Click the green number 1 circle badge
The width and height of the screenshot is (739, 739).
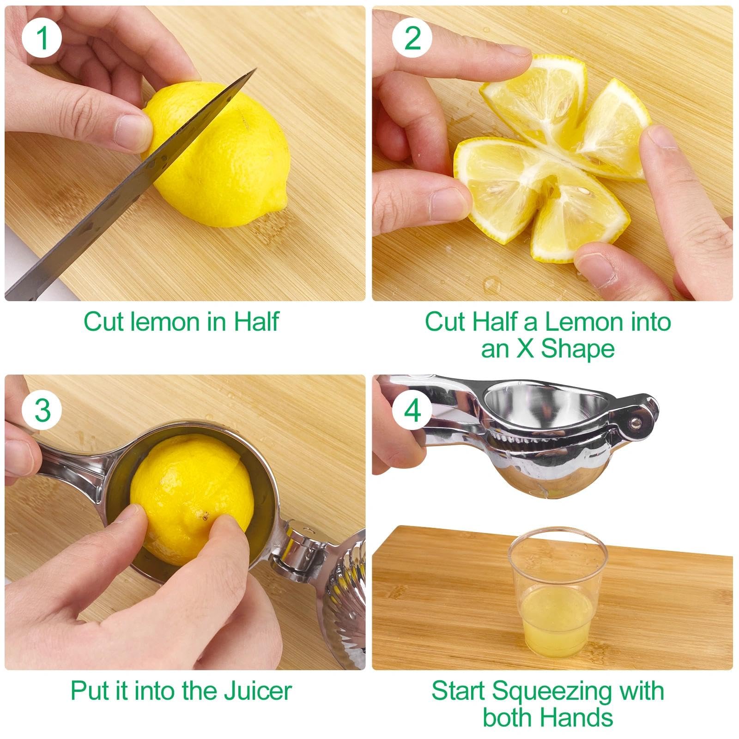point(42,38)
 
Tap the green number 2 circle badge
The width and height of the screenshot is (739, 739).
point(412,38)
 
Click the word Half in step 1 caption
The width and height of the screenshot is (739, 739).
point(256,321)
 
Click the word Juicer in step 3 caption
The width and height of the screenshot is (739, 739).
point(258,691)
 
